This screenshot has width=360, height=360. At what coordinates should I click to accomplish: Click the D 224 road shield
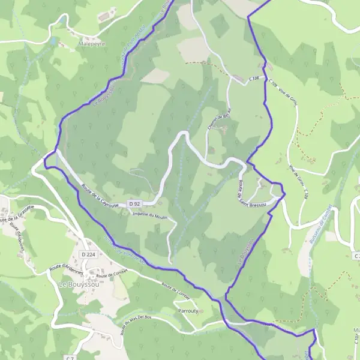pos(88,254)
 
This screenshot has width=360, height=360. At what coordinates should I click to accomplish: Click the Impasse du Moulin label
pos(149,215)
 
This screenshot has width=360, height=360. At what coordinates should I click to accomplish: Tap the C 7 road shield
pos(70,358)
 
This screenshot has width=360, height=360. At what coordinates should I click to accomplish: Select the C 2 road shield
pos(356,256)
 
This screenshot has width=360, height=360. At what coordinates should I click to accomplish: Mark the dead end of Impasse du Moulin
pos(170,262)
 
